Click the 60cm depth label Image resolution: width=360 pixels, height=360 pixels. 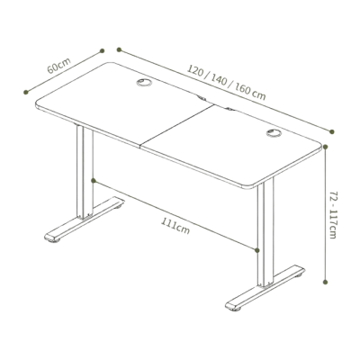pos(59,66)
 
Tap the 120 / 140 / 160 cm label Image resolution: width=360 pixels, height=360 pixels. pos(227,82)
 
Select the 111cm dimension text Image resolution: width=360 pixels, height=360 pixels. pos(175,226)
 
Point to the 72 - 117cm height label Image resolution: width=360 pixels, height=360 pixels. pos(333,214)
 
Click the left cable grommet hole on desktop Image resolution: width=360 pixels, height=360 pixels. pos(144,83)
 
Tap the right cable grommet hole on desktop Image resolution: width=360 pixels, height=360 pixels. pos(274,133)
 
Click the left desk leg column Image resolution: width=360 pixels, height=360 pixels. pos(85,172)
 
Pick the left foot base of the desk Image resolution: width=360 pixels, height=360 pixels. pos(85,220)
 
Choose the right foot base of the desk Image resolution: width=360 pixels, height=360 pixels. pos(265,287)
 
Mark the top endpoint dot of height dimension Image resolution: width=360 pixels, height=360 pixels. pos(326,147)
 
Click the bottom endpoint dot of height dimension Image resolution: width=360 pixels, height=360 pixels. pos(326,282)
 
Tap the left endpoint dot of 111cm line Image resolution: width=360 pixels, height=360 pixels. pos(94,180)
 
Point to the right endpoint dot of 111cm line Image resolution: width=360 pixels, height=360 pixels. pos(256,249)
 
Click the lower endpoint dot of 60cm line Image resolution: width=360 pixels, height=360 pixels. pos(26,92)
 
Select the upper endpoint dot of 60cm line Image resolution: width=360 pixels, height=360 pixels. pos(102,50)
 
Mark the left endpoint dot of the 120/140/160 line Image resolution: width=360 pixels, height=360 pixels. pos(119,49)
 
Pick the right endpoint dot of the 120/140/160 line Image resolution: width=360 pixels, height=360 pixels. pos(332,131)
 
